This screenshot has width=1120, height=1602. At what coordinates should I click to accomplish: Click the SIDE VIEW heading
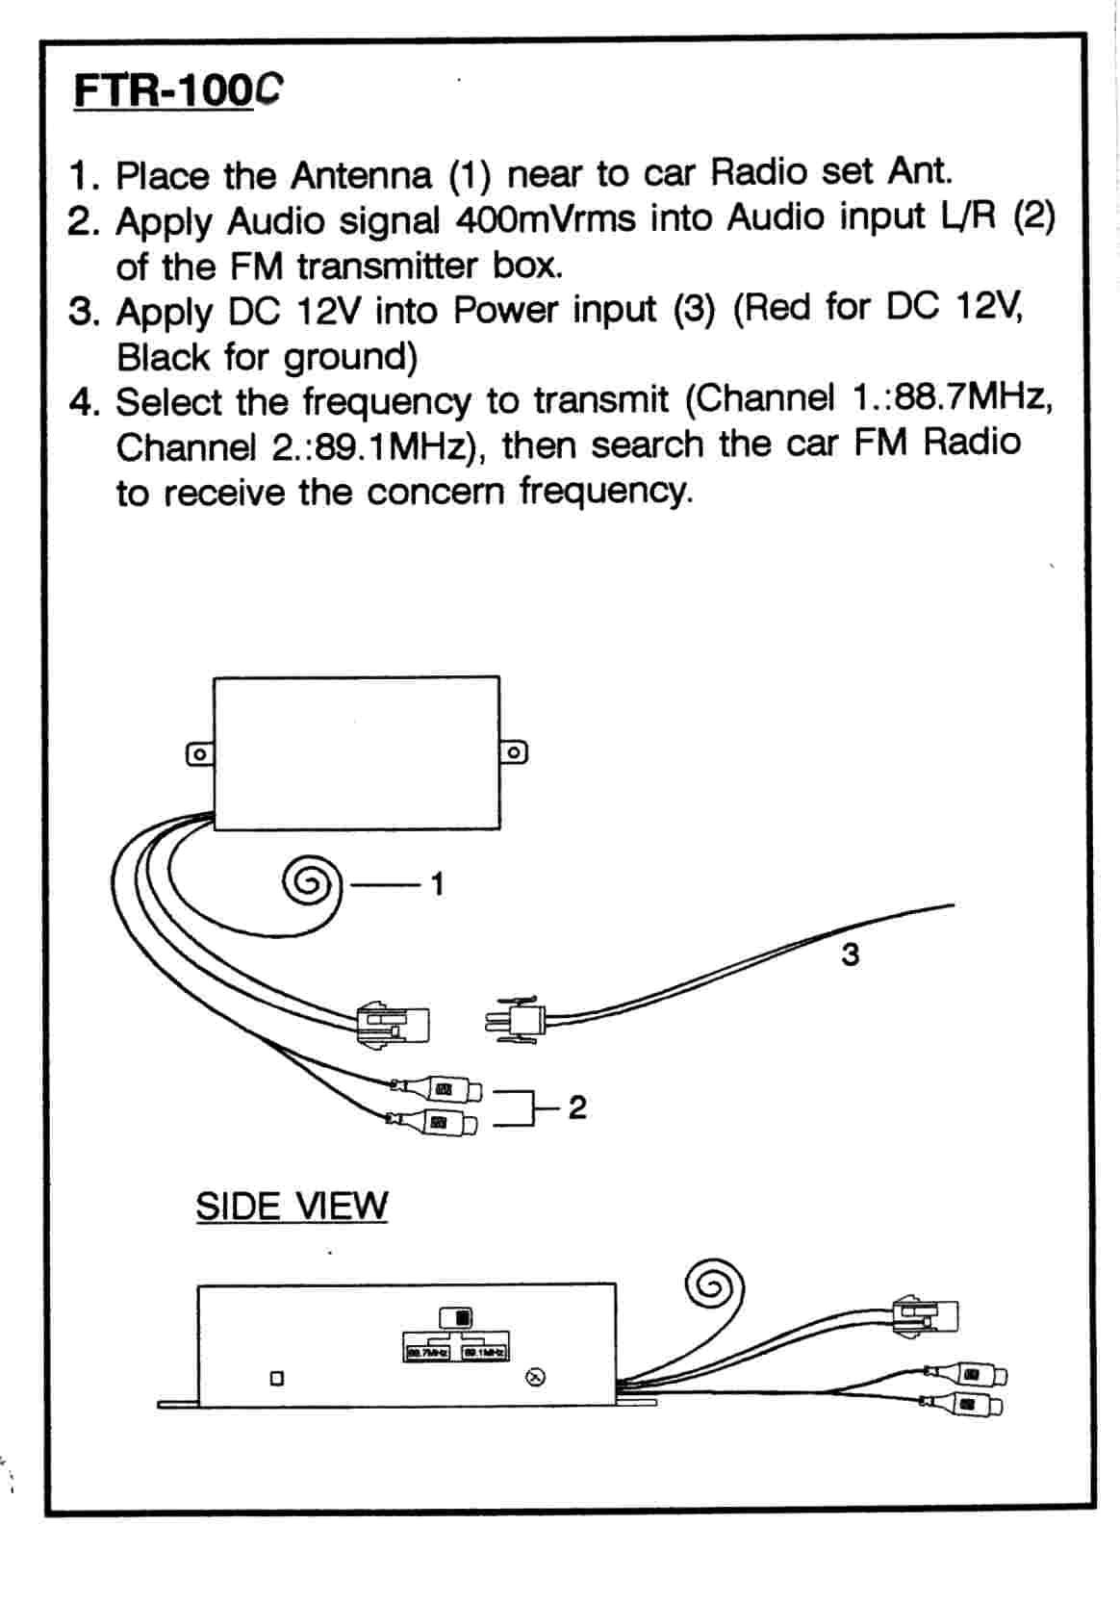click(x=291, y=1205)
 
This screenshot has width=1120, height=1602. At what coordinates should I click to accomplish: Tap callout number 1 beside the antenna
click(x=438, y=882)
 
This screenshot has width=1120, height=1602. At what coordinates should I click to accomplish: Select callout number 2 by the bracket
click(x=576, y=1107)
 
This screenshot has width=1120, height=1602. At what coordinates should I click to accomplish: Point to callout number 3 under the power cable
click(x=849, y=954)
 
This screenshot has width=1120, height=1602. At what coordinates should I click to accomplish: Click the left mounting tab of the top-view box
click(x=199, y=754)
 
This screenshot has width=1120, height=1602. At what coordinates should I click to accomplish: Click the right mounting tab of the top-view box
click(x=514, y=751)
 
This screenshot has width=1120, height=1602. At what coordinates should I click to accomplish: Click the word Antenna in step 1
click(x=361, y=175)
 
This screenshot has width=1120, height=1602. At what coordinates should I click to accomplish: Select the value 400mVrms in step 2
click(x=546, y=219)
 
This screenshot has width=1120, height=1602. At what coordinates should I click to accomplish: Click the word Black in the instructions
click(x=163, y=357)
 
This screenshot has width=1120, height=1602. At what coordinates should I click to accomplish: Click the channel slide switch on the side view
click(x=455, y=1316)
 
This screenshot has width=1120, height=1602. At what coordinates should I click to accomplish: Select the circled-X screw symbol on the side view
click(x=538, y=1378)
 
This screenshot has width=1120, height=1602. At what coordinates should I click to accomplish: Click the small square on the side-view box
click(x=277, y=1378)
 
